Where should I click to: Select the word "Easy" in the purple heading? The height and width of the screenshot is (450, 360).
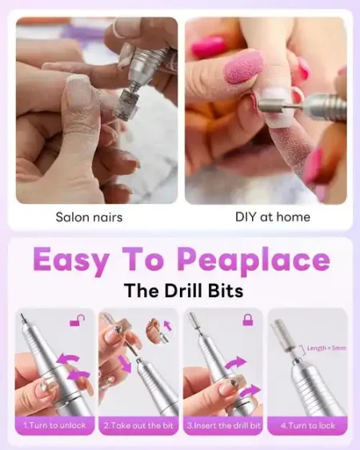71,260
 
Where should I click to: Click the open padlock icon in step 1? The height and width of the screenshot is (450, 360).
78,321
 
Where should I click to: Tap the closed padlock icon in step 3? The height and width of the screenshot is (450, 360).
248,320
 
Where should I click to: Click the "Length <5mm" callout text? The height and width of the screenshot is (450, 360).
326,348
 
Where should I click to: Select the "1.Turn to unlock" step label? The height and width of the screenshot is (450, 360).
54,425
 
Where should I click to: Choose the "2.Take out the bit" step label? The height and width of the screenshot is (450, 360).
138,425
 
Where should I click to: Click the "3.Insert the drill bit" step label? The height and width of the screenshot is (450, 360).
223,425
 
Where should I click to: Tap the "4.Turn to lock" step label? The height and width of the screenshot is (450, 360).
308,425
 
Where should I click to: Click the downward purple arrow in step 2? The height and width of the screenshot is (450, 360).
125,364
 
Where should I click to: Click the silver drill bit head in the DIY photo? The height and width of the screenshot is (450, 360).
270,106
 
